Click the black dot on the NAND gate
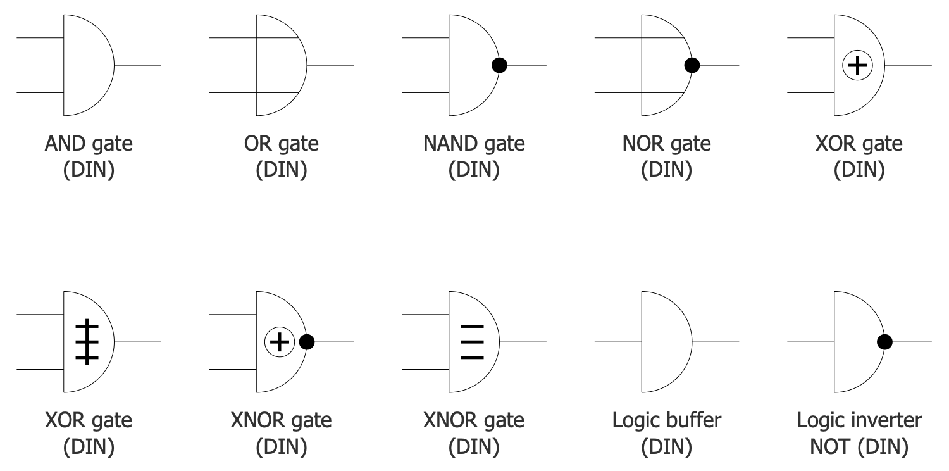(499, 65)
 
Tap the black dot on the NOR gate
(692, 65)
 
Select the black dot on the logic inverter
(884, 342)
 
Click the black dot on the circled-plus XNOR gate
(307, 342)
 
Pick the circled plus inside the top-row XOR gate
(857, 65)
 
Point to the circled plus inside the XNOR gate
(279, 342)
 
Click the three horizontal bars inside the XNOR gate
(472, 342)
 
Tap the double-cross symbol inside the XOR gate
(87, 342)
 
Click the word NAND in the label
(449, 144)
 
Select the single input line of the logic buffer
(617, 342)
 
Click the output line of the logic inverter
(911, 342)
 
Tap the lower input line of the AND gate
(40, 92)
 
